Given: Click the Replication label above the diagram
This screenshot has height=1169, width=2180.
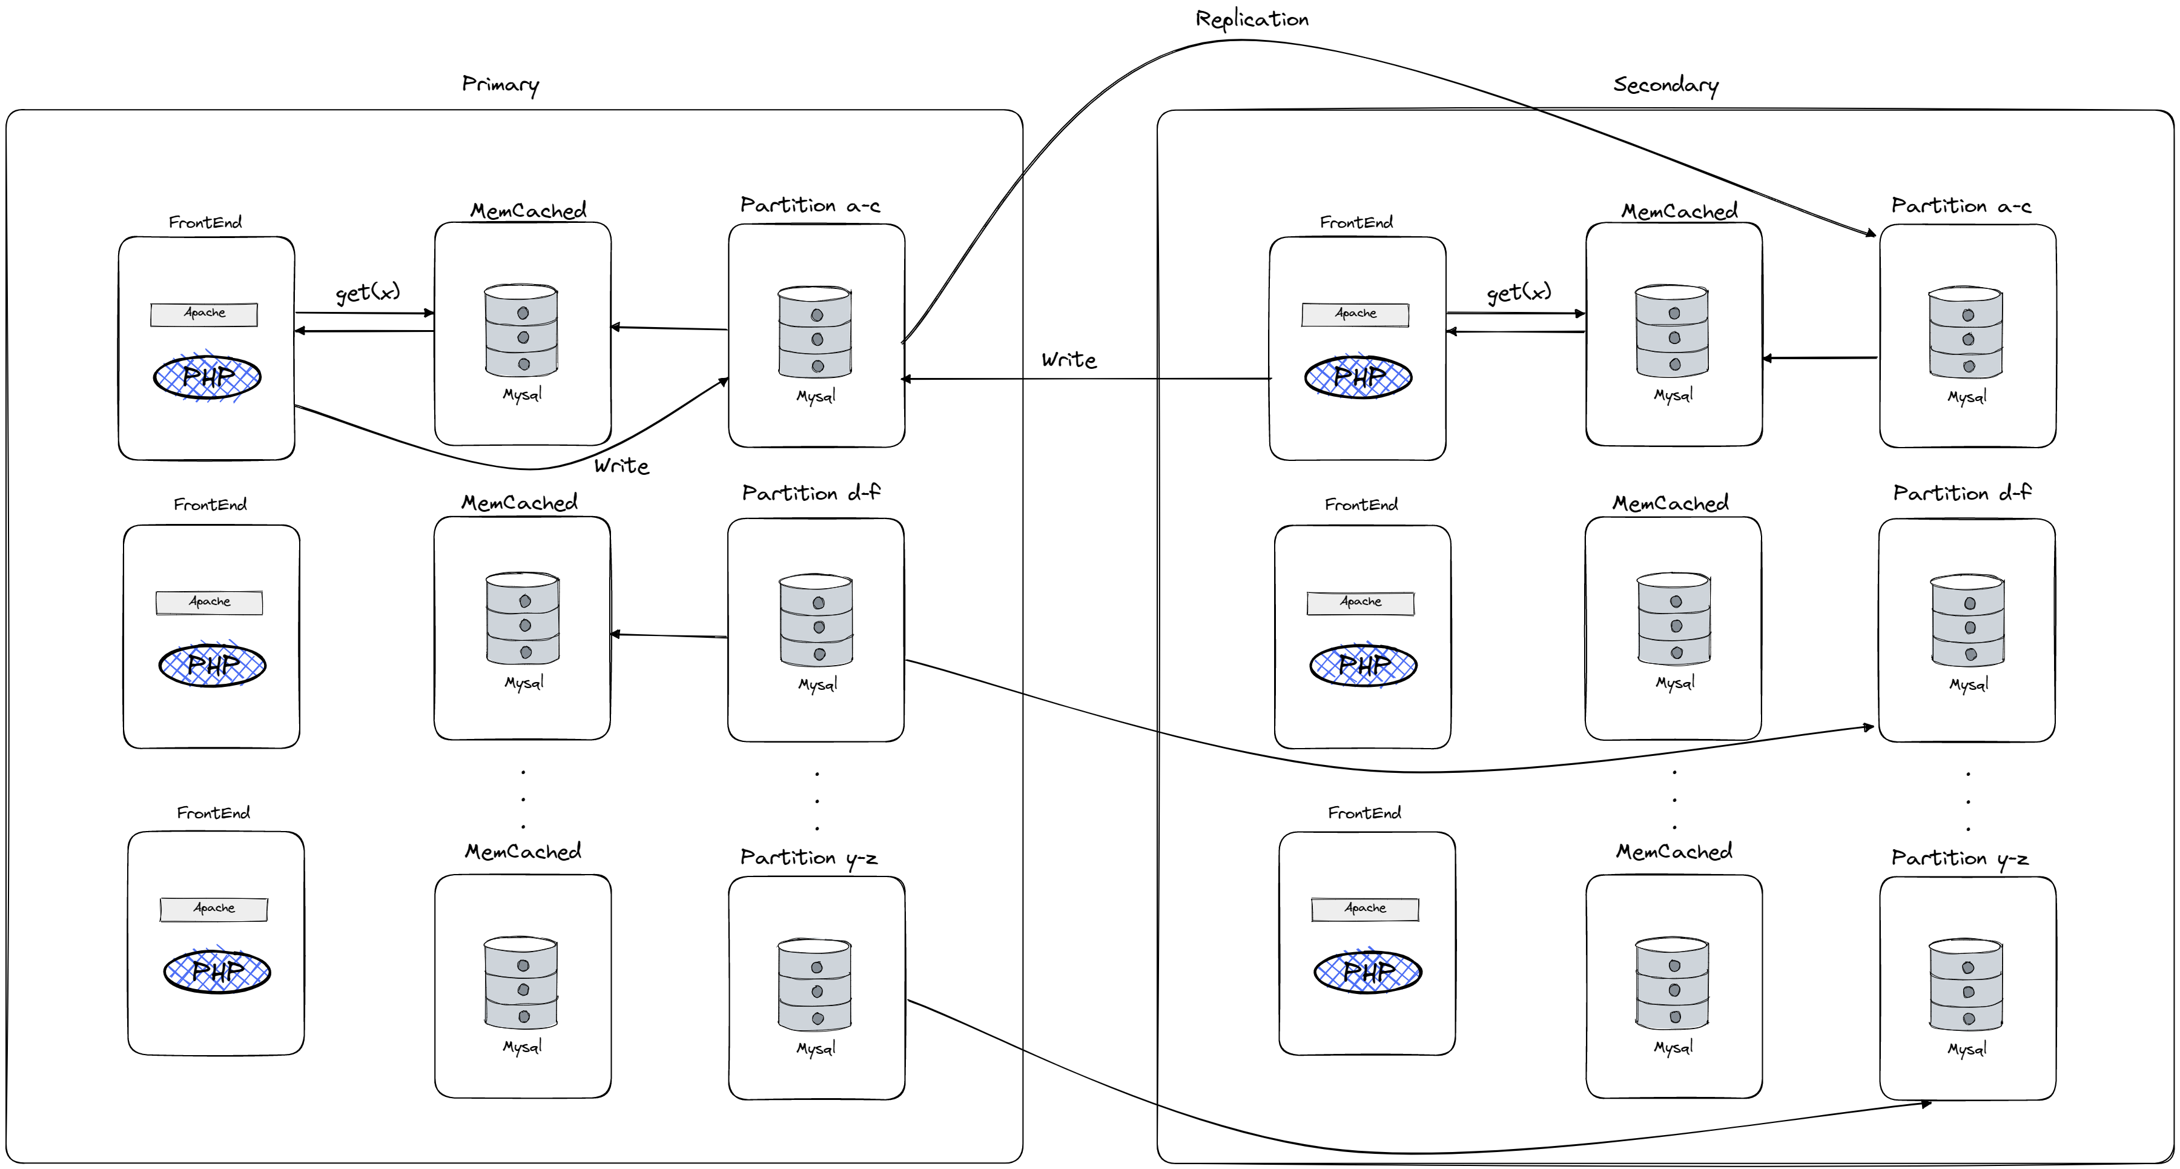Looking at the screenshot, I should tap(1252, 19).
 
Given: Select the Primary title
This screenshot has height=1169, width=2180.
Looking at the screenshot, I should tap(500, 85).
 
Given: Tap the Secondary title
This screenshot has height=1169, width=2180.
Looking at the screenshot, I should tap(1665, 85).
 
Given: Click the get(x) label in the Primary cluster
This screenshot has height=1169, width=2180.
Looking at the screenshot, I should tap(368, 292).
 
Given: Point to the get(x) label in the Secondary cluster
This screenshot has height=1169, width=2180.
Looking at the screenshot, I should tap(1519, 292).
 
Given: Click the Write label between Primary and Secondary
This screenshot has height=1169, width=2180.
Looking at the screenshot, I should tap(1069, 360).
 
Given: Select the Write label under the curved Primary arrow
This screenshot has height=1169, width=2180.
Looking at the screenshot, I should tap(621, 466).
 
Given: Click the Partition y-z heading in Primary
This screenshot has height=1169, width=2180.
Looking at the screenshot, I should tap(808, 858).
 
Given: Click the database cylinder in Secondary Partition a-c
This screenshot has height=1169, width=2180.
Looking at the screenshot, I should tap(1965, 332).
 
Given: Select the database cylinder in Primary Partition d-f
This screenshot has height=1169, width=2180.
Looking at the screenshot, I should tap(816, 620).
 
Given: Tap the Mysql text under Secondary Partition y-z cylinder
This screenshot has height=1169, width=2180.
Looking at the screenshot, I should tap(1967, 1049).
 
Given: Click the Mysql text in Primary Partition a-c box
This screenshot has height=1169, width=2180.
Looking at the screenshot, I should tap(816, 396).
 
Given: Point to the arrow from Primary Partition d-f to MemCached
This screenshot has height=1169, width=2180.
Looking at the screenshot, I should tap(669, 635).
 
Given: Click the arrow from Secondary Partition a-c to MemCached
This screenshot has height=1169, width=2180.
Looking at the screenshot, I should tap(1820, 358).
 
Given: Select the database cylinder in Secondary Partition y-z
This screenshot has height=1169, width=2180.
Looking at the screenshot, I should tap(1965, 984).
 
